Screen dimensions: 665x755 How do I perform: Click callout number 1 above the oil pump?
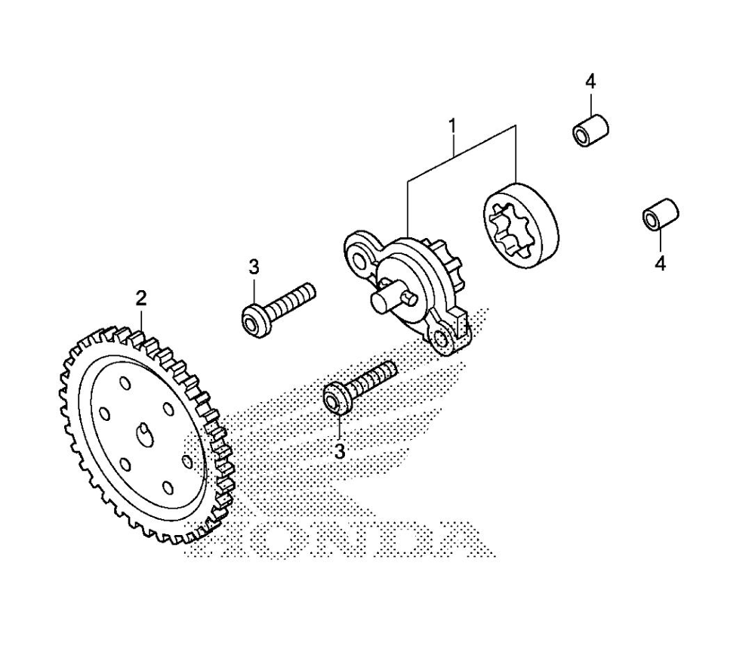coord(453,125)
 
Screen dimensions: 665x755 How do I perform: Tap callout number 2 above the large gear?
coord(140,298)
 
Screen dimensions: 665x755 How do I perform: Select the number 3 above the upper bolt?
coord(254,267)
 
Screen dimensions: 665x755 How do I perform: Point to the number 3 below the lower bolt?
coord(339,451)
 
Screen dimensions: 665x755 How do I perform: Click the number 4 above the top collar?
coord(591,81)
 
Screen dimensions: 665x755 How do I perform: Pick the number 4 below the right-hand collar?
coord(661,264)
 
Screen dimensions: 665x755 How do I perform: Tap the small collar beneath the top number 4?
coord(590,129)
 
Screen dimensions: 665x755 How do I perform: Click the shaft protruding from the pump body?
coord(390,298)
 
